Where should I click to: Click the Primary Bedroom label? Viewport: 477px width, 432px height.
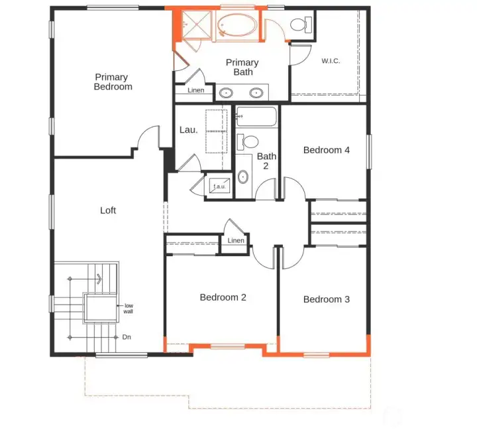(113, 82)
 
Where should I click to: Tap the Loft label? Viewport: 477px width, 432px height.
(108, 210)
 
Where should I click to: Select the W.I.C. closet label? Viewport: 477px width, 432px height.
(331, 61)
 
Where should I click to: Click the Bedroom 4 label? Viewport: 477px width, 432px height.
(326, 150)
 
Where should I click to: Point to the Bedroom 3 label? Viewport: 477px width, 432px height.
(326, 299)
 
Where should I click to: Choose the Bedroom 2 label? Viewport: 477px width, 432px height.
(223, 297)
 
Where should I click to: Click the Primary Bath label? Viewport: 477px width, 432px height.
(242, 67)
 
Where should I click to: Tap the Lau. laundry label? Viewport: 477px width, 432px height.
(189, 130)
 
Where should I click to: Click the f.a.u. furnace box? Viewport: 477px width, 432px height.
(219, 186)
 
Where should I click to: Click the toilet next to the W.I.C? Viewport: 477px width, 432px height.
(299, 25)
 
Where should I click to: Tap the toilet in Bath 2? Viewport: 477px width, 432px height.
(250, 141)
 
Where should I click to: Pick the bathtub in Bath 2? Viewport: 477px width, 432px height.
(258, 117)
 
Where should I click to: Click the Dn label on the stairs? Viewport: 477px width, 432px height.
(127, 337)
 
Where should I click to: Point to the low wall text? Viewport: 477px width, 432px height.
(128, 308)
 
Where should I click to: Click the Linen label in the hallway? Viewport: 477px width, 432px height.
(236, 241)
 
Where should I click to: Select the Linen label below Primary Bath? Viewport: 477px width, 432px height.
(195, 90)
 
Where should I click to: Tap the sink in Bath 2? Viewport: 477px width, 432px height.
(242, 177)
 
